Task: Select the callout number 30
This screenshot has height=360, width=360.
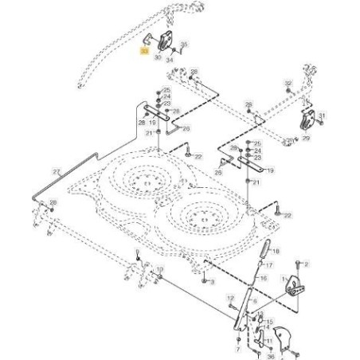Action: coord(158,57)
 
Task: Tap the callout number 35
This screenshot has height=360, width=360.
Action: coord(185,45)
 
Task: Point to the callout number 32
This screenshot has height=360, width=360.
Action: coord(288,83)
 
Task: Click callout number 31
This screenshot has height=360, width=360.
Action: coord(323,116)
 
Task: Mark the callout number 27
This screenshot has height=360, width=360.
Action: coord(55,171)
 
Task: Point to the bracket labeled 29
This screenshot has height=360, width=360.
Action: coord(306,122)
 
